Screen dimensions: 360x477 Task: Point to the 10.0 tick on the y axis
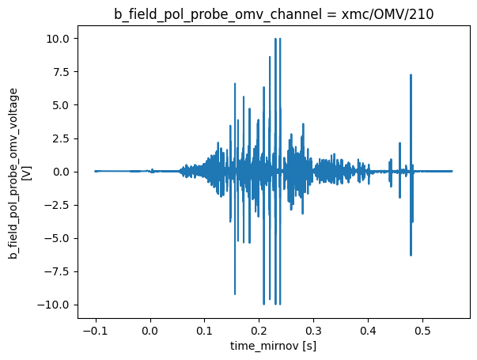pyautogui.click(x=61, y=39)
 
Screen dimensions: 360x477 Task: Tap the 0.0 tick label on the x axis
pyautogui.click(x=150, y=329)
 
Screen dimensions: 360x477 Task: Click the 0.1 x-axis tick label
pyautogui.click(x=205, y=329)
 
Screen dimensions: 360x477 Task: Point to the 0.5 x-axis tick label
pyautogui.click(x=422, y=329)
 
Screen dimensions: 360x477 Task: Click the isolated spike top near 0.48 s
pyautogui.click(x=411, y=75)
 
